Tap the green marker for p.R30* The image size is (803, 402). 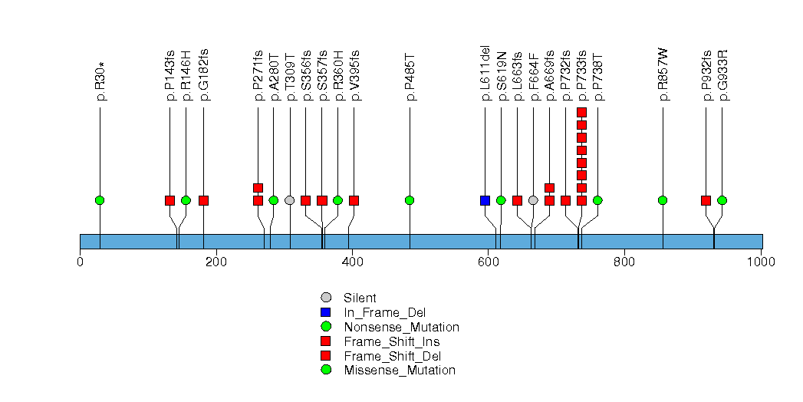tap(100, 200)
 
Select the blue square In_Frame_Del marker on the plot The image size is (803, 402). tap(485, 200)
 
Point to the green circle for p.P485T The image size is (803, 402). tap(410, 200)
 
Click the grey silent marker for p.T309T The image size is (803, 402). tap(289, 200)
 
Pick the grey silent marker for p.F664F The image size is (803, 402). tap(533, 200)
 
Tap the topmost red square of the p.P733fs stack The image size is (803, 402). tap(581, 113)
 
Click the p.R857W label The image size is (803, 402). tap(663, 75)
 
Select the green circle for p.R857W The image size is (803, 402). tap(663, 200)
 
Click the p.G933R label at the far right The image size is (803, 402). tap(722, 75)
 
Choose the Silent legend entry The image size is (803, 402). tap(360, 298)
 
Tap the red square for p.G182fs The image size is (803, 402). tap(203, 200)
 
